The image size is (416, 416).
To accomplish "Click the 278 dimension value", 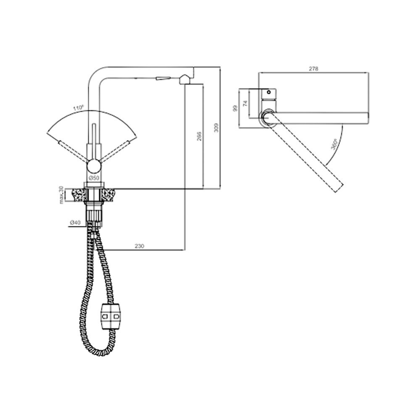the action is (x=313, y=69).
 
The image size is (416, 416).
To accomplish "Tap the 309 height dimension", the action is (x=216, y=128).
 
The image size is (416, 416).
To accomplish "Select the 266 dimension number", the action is (x=199, y=136).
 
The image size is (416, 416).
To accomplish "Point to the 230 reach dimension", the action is (x=139, y=246).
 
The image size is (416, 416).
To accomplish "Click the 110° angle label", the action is (x=78, y=108).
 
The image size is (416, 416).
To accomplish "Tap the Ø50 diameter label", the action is (x=94, y=178).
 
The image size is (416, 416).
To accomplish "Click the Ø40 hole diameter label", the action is (x=75, y=223).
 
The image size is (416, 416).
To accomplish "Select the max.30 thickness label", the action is (x=61, y=195).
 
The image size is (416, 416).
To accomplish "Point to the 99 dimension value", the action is (x=235, y=108).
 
